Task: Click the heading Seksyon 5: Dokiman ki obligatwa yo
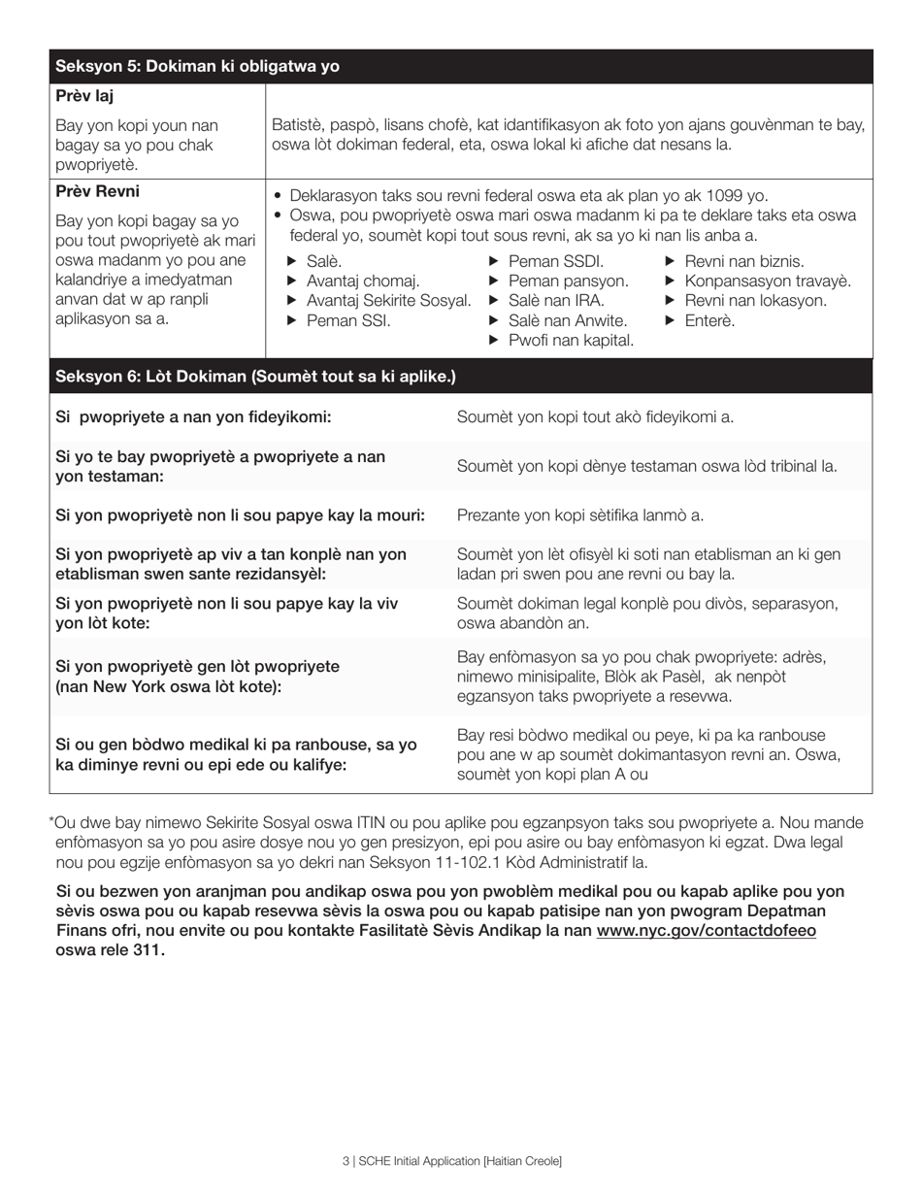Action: (x=197, y=66)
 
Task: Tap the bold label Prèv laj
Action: (x=87, y=96)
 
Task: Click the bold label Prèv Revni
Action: (x=97, y=191)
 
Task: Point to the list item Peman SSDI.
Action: (x=555, y=261)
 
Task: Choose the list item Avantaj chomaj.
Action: (x=363, y=281)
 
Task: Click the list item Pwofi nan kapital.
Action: (x=571, y=340)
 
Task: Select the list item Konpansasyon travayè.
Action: (x=767, y=281)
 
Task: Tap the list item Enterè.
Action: (x=709, y=320)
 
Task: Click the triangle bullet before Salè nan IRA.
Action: (x=493, y=301)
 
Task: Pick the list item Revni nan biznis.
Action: (x=743, y=261)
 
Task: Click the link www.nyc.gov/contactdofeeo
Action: (x=706, y=930)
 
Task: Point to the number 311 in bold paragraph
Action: (x=148, y=949)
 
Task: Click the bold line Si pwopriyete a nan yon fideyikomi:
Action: (x=193, y=416)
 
